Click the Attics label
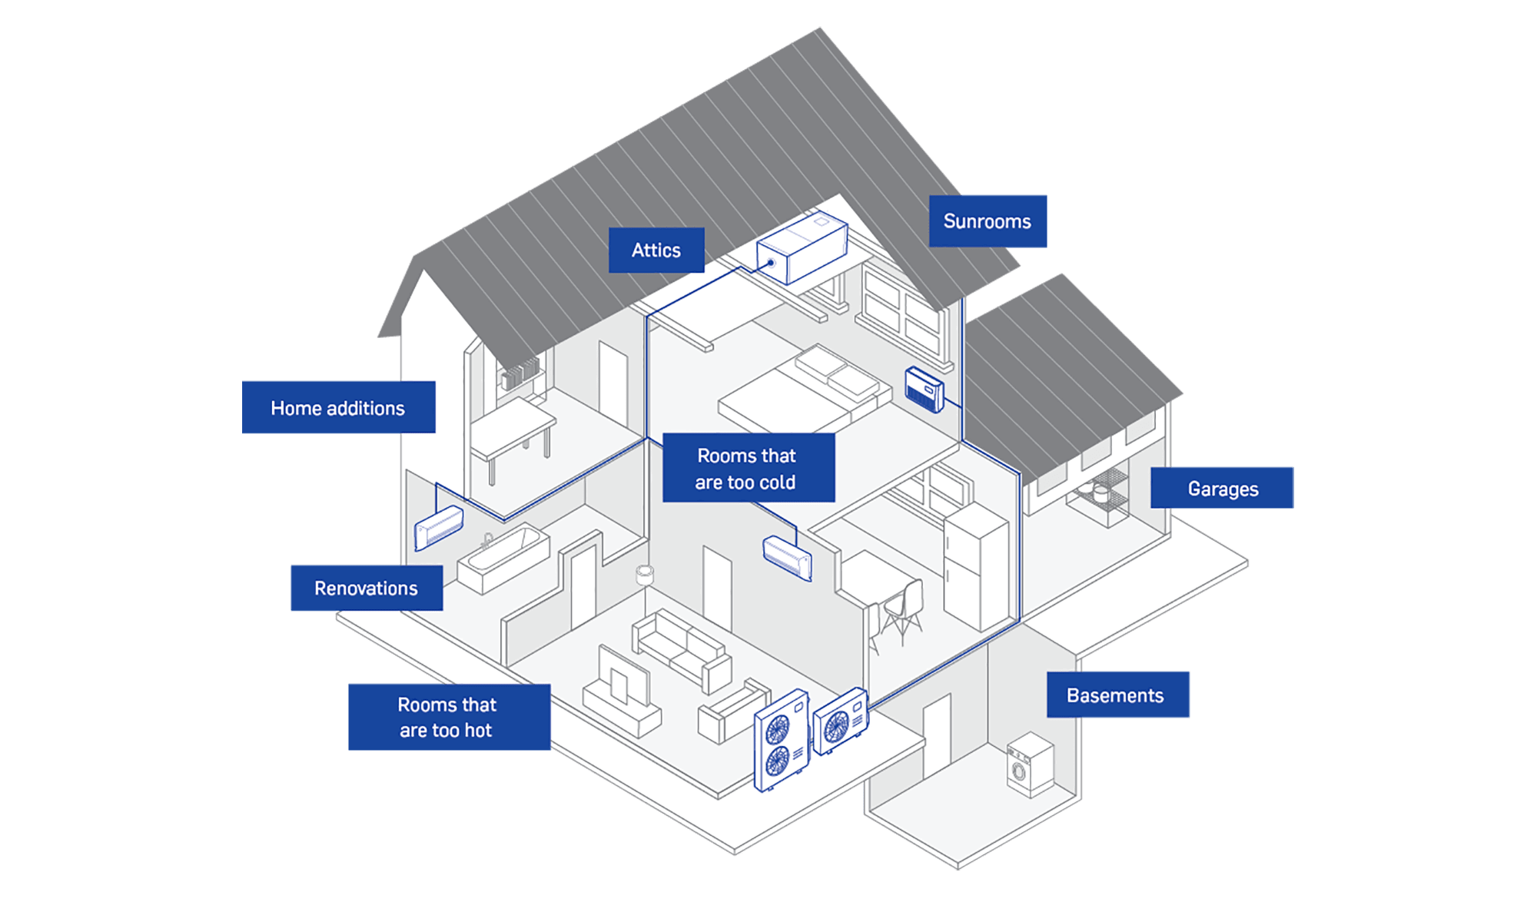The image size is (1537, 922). (x=656, y=250)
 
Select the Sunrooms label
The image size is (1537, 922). (x=988, y=221)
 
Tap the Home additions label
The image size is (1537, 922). (x=338, y=408)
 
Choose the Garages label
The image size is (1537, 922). (x=1222, y=489)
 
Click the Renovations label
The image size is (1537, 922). (x=366, y=589)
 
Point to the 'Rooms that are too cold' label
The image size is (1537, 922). (x=748, y=469)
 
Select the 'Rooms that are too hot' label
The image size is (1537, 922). (x=448, y=718)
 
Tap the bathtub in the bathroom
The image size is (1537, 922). (x=503, y=558)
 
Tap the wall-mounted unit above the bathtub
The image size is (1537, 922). (x=439, y=527)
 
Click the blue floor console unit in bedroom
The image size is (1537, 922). (x=925, y=390)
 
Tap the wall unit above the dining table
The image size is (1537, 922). (x=787, y=557)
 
